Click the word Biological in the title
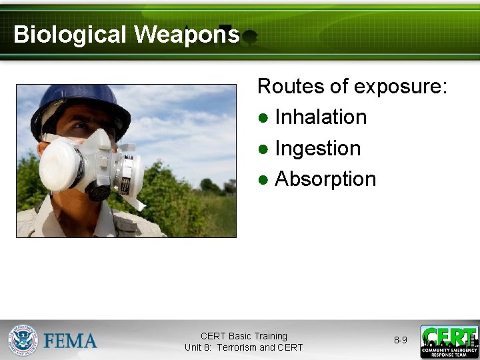[x=69, y=34]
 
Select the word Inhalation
[x=321, y=117]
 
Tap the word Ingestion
[x=317, y=148]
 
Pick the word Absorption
[x=325, y=179]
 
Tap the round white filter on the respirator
[x=61, y=164]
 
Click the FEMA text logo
[x=71, y=341]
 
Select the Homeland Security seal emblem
[x=23, y=340]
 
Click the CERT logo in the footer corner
[x=449, y=341]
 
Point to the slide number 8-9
[x=400, y=340]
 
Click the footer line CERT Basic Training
[x=244, y=336]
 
